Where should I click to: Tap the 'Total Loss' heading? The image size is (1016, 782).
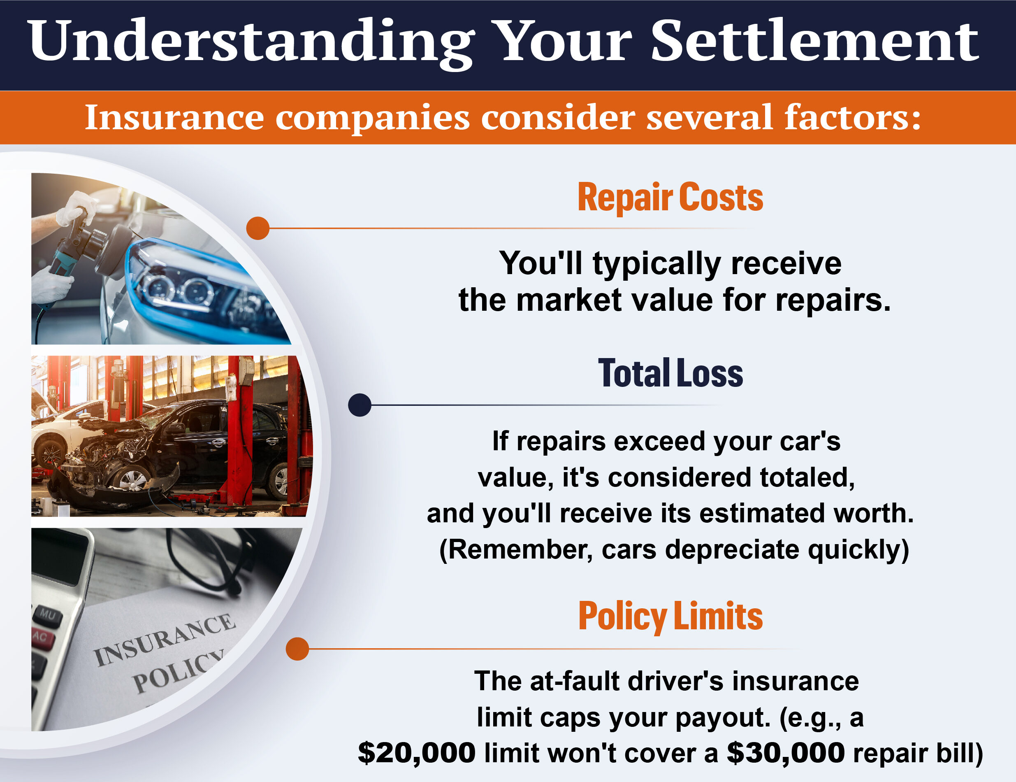670,373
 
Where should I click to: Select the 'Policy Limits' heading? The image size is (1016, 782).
670,616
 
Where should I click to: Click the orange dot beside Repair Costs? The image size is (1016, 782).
258,228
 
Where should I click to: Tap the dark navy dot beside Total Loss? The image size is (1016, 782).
360,405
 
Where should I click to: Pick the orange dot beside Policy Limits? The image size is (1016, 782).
297,649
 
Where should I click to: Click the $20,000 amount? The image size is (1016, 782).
417,753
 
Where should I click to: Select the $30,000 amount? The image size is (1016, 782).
786,753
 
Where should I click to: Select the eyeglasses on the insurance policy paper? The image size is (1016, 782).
209,559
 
